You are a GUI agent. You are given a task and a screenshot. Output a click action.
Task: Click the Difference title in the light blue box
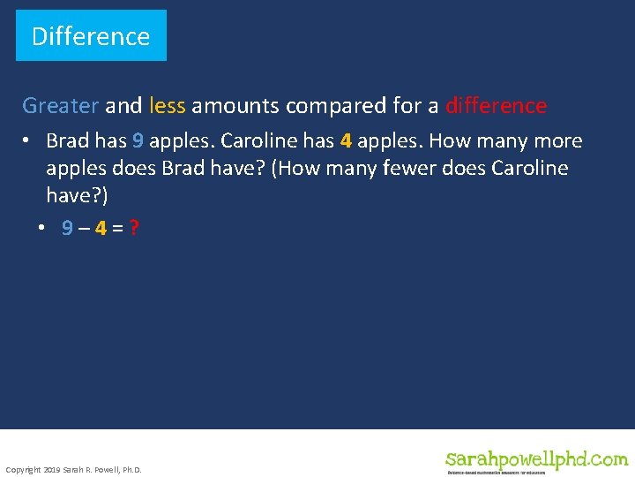[91, 36]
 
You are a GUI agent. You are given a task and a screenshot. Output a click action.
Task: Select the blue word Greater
[60, 106]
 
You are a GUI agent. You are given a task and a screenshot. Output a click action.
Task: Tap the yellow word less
[168, 106]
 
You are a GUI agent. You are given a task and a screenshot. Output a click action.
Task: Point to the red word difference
[496, 106]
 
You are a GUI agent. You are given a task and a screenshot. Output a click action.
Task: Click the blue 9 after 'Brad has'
[138, 141]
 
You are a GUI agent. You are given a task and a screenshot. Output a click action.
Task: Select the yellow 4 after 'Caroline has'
[346, 141]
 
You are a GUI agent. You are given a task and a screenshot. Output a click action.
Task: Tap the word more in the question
[554, 141]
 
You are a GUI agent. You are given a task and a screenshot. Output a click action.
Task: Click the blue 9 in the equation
[68, 228]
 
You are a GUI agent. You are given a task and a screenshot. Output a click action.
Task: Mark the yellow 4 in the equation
[101, 228]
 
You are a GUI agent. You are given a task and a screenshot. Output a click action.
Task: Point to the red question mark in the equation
[133, 228]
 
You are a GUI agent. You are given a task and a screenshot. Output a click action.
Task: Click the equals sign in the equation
[117, 228]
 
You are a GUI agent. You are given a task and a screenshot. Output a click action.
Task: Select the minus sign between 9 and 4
[85, 228]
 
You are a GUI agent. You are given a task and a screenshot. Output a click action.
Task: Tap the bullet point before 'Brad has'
[29, 141]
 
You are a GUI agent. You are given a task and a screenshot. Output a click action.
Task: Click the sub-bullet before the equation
[41, 228]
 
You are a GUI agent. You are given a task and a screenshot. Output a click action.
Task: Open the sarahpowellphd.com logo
[536, 460]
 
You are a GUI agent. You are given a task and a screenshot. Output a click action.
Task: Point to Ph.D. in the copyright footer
[129, 469]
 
